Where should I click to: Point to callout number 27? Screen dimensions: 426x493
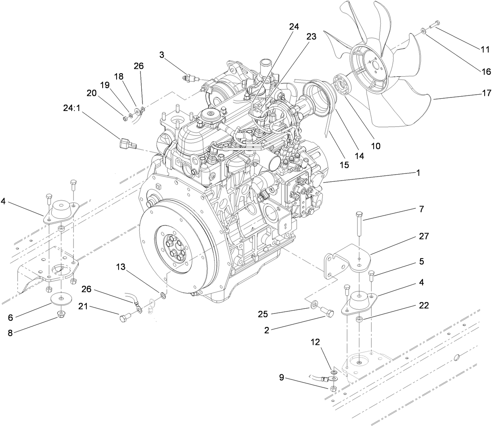pyautogui.click(x=424, y=236)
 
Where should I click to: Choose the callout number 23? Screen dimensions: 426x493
pyautogui.click(x=311, y=37)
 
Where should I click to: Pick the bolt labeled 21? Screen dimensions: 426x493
pyautogui.click(x=125, y=317)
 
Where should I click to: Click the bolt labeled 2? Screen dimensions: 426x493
pyautogui.click(x=327, y=313)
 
